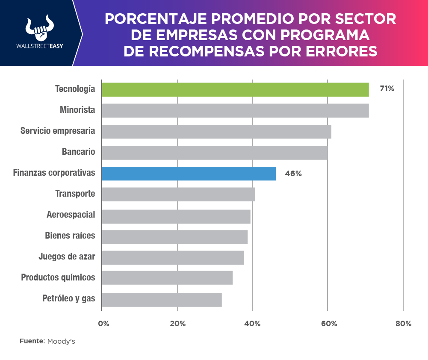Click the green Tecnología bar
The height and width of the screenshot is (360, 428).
[x=235, y=89]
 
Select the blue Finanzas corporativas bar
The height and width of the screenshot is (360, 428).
[x=189, y=174]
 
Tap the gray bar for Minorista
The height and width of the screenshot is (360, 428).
[x=235, y=110]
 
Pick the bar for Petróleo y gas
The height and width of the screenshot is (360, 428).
[x=162, y=300]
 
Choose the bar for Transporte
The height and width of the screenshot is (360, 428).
[x=179, y=194]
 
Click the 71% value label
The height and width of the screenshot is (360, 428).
[x=387, y=89]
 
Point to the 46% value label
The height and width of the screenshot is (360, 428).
[x=293, y=174]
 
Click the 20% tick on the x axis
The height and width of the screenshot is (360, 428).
[x=177, y=324]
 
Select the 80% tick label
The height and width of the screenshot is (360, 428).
[x=403, y=324]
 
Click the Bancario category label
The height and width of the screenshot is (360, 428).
[x=78, y=152]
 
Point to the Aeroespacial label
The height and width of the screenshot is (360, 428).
[x=71, y=215]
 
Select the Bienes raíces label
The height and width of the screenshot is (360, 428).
[x=70, y=236]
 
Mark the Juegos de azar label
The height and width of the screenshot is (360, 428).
[x=67, y=257]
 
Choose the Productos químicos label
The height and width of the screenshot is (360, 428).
[x=58, y=277]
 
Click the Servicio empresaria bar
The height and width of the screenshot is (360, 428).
[x=216, y=131]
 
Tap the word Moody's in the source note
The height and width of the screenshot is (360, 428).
[x=61, y=341]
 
